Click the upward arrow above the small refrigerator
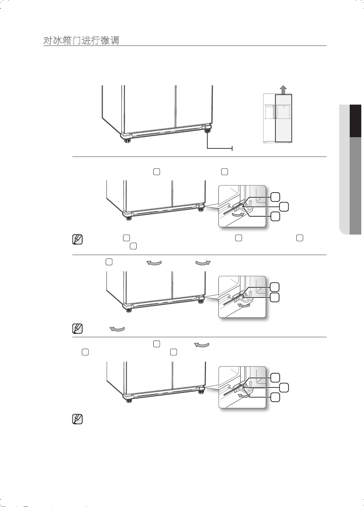pos(283,90)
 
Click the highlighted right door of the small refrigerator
pos(283,119)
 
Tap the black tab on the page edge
pos(356,121)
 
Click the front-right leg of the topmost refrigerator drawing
pos(208,131)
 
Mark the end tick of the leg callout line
pos(232,148)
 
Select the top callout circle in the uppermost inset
pos(275,197)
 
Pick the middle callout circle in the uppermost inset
pos(284,207)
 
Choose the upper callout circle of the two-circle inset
pos(275,287)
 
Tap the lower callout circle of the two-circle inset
pos(275,297)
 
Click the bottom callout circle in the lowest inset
pos(275,397)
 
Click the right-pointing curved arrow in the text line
pos(203,263)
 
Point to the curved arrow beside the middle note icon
pos(117,329)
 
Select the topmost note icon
pos(77,239)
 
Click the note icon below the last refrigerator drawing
pos(77,419)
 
